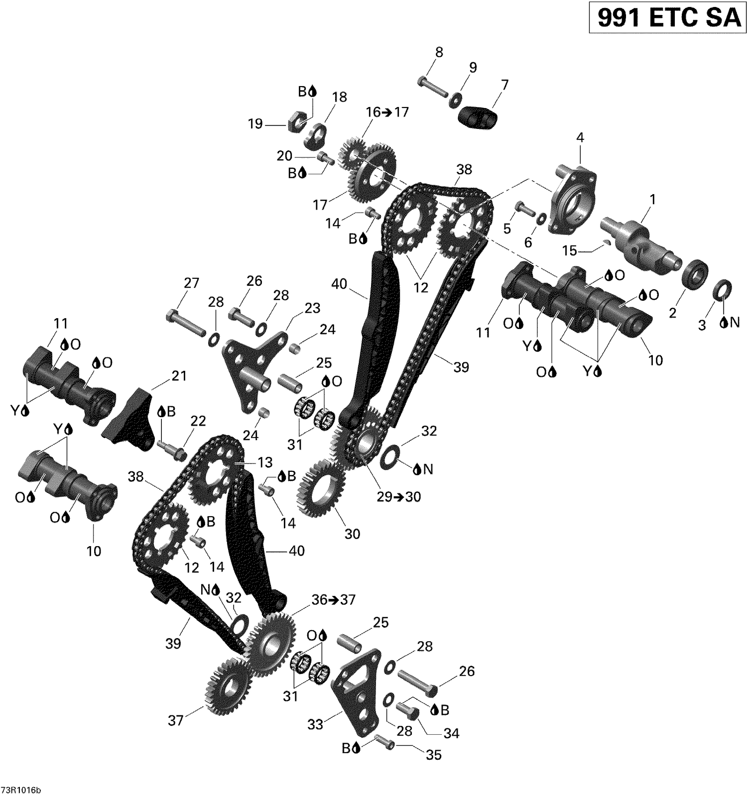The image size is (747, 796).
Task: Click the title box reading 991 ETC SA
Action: (x=668, y=18)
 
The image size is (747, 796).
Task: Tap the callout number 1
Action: (x=652, y=200)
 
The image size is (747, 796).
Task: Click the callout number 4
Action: (x=580, y=138)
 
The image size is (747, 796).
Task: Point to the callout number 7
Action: (x=505, y=85)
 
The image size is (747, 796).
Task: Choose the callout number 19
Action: (x=255, y=123)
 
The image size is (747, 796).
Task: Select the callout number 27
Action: (x=191, y=283)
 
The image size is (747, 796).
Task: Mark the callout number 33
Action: (x=315, y=724)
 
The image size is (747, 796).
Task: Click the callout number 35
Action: (x=434, y=755)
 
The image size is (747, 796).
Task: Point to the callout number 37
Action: (x=175, y=720)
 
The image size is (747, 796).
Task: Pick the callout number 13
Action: (x=265, y=462)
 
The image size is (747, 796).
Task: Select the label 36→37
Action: (x=334, y=599)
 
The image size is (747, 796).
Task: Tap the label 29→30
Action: (x=398, y=496)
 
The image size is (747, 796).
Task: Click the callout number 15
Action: (x=569, y=250)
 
